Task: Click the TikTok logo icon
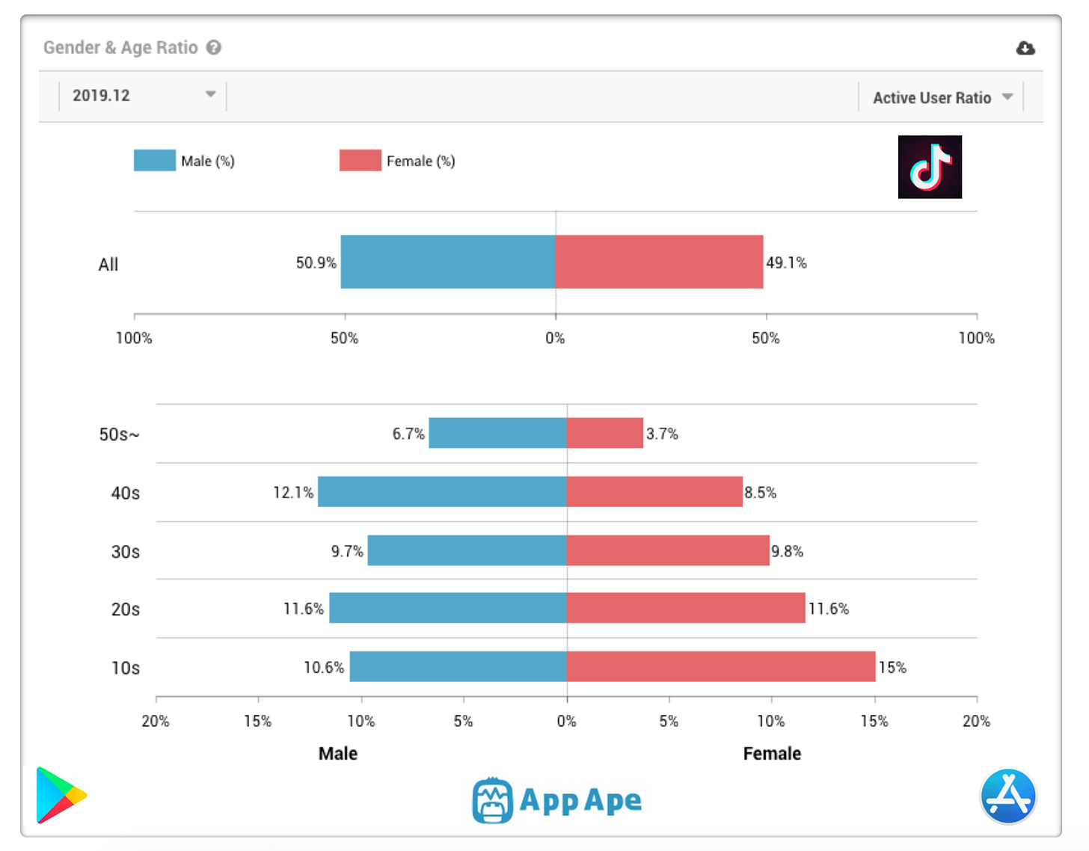(930, 167)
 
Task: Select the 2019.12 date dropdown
(142, 96)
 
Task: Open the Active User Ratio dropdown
(942, 97)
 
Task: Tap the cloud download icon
(1025, 49)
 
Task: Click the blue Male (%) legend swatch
(154, 161)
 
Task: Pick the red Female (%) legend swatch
(360, 161)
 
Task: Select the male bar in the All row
(447, 262)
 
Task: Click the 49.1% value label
(786, 262)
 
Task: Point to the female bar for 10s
(720, 666)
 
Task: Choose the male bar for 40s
(442, 492)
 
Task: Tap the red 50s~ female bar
(604, 433)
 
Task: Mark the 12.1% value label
(292, 492)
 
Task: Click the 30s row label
(126, 552)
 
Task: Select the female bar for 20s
(685, 608)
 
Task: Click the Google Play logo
(61, 795)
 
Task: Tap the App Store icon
(1007, 796)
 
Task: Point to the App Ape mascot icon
(492, 800)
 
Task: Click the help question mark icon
(214, 48)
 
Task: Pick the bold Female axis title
(771, 754)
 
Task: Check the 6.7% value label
(408, 434)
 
